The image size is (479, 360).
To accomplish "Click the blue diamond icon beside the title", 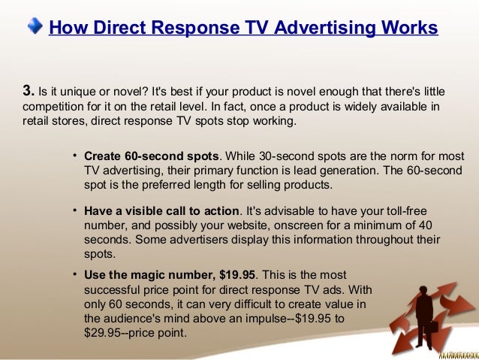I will coord(35,27).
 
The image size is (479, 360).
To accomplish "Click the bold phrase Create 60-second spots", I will coord(152,156).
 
